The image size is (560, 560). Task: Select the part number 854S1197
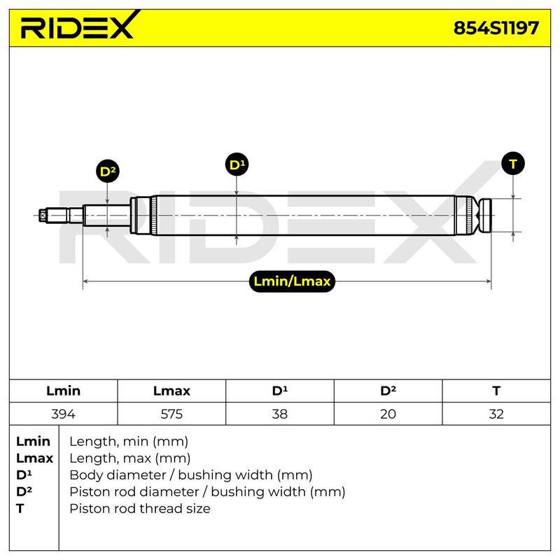496,28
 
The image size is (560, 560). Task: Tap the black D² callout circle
108,171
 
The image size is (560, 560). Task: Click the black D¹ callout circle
237,164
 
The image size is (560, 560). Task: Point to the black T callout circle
513,164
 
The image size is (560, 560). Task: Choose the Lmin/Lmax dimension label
292,281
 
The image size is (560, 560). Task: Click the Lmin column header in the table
63,391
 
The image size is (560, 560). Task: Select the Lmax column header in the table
171,391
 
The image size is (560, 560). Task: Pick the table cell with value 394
63,414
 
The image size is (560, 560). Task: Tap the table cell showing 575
171,414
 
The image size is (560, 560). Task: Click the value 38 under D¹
279,414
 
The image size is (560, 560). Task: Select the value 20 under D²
388,414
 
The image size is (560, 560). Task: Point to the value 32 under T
496,414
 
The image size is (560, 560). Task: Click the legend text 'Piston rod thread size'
140,509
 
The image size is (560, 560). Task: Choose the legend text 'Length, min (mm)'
129,442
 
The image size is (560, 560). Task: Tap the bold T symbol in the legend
20,509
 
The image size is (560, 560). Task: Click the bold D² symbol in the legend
24,491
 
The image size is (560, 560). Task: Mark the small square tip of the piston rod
43,216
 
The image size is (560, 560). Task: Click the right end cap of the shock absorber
485,216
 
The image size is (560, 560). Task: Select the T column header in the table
496,391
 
